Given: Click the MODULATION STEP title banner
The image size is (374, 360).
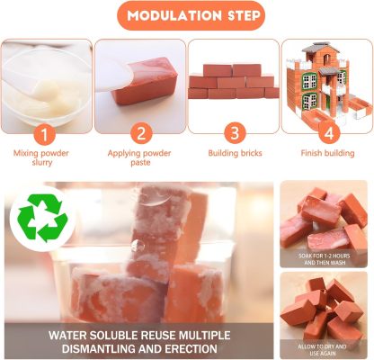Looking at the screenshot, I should coord(188,16).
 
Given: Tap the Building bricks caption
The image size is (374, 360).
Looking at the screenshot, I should coord(233,153).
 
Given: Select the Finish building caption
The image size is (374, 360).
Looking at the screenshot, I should coord(325,153).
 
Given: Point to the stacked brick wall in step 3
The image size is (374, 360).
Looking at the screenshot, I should coord(233,80).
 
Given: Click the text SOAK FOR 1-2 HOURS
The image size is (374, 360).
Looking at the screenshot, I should coord(325,253).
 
